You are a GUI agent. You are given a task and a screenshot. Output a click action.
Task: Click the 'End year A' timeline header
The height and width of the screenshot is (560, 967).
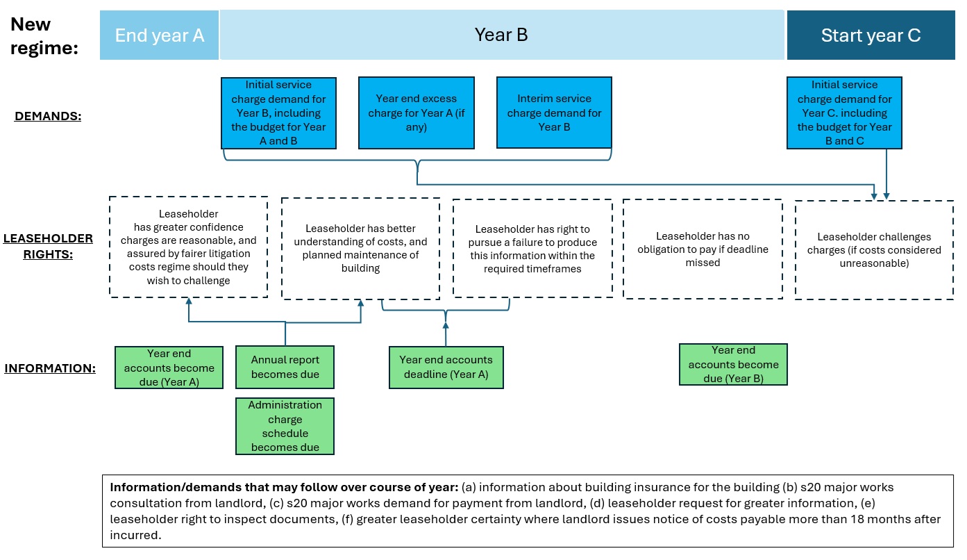click(x=159, y=35)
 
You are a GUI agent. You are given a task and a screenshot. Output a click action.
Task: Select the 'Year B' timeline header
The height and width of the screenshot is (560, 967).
click(x=502, y=35)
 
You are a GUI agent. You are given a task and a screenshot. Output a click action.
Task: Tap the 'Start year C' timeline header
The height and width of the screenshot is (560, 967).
click(x=871, y=35)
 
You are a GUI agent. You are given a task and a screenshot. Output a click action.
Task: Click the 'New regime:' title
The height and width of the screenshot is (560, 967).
click(x=44, y=36)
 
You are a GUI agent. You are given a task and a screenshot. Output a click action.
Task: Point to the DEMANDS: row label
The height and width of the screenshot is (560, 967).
click(x=48, y=116)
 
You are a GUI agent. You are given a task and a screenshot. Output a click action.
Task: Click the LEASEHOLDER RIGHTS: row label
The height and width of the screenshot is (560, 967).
click(x=48, y=246)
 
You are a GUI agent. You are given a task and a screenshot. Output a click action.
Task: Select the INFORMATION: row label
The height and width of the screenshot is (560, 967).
click(x=50, y=368)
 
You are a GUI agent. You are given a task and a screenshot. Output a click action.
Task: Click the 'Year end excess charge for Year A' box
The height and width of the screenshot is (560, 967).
click(x=416, y=113)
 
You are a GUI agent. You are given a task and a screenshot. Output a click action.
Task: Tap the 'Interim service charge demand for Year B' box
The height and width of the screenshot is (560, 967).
click(x=554, y=113)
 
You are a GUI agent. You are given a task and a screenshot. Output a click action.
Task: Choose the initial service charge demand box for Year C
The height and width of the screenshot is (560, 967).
click(x=844, y=113)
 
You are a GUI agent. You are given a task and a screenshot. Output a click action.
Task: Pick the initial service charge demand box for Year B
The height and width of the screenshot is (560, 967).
click(x=278, y=113)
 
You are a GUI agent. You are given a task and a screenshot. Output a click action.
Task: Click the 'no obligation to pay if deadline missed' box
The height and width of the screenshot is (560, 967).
click(x=703, y=249)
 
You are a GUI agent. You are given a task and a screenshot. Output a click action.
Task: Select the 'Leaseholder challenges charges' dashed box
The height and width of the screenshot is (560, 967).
click(x=874, y=249)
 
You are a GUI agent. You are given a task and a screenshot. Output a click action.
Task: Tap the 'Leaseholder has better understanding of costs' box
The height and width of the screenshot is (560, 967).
click(x=360, y=249)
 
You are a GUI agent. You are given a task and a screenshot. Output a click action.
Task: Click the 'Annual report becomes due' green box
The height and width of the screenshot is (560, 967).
click(x=285, y=367)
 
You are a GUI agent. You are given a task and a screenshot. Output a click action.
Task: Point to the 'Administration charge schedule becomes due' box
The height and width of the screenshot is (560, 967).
click(x=285, y=426)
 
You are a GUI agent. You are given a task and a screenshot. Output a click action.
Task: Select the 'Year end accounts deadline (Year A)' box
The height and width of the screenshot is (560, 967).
click(x=446, y=368)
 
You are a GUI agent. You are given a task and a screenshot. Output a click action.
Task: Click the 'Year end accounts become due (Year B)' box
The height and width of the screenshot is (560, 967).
click(x=733, y=364)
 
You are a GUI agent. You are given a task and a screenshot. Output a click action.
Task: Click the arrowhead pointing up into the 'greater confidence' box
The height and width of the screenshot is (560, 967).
click(x=189, y=301)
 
